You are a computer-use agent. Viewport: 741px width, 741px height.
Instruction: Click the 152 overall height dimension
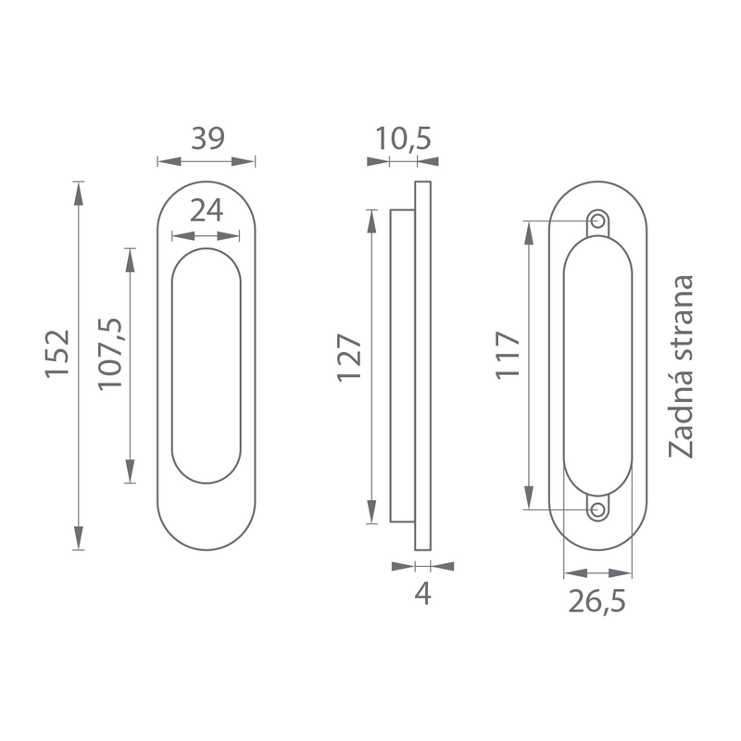57,354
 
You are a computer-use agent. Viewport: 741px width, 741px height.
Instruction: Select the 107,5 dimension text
110,354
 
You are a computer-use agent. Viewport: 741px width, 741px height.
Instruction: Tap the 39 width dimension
207,138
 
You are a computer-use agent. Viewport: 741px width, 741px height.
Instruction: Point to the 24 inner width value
207,211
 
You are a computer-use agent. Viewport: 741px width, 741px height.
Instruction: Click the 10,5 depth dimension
403,139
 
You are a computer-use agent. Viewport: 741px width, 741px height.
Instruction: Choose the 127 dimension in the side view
349,358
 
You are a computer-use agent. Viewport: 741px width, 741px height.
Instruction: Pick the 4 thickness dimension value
423,594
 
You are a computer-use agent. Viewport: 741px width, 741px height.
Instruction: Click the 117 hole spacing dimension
508,355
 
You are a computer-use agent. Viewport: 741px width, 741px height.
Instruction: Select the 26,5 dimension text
597,601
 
